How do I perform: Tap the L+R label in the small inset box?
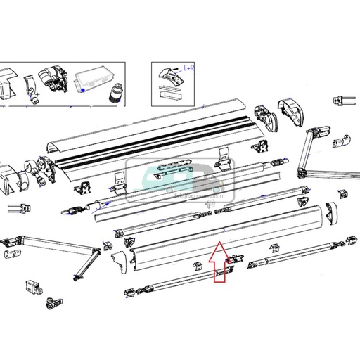[189, 67]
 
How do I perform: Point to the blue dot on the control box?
[83, 90]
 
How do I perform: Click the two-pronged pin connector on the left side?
[15, 208]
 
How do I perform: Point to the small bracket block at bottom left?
[34, 286]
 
